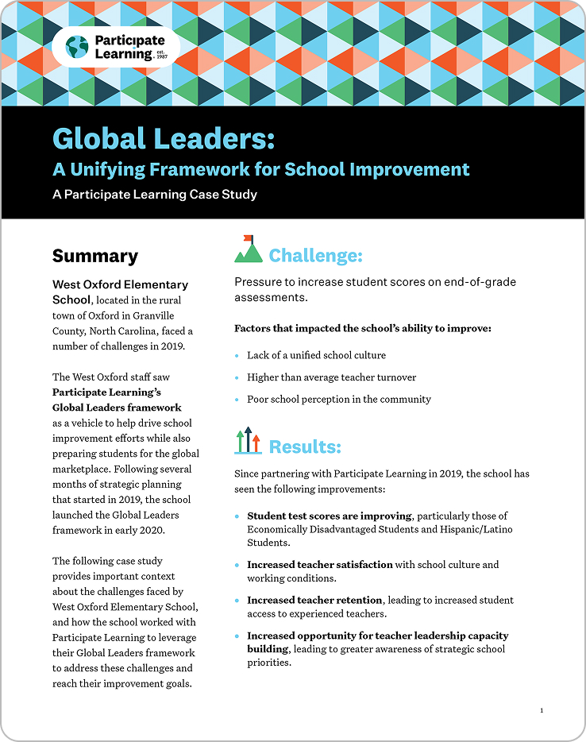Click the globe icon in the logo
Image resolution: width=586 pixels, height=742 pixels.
(77, 47)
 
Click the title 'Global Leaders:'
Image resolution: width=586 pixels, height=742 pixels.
(164, 138)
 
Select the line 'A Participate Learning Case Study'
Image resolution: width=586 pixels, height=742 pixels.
(155, 194)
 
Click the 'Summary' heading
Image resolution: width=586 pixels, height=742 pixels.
(95, 256)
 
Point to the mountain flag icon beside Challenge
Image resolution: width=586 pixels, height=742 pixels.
(249, 249)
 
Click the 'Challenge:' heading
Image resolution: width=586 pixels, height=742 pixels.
(315, 255)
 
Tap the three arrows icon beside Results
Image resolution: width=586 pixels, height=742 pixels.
(249, 441)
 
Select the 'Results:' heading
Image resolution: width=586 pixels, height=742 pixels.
(305, 446)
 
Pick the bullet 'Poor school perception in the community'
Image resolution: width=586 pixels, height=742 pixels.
(339, 400)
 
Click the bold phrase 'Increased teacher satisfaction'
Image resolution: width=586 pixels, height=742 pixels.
(320, 565)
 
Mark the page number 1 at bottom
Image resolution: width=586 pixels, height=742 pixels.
(542, 710)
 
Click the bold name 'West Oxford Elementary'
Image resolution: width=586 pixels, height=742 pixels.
(120, 284)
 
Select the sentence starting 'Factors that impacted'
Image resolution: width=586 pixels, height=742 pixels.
(363, 328)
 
